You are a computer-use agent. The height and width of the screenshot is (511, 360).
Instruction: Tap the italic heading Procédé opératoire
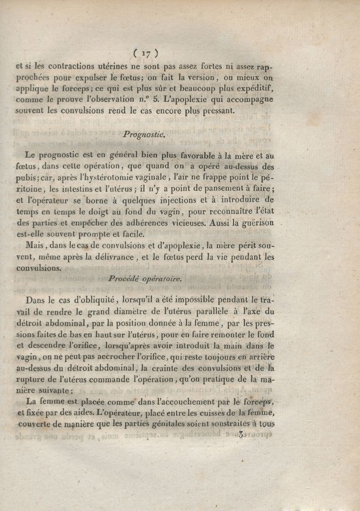click(x=144, y=279)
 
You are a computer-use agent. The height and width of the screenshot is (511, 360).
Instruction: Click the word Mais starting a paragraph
click(x=35, y=246)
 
